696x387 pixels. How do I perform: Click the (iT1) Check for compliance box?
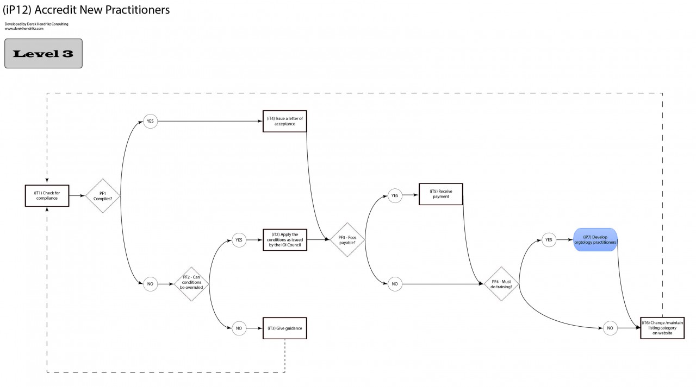click(47, 195)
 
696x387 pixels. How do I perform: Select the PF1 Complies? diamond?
click(103, 195)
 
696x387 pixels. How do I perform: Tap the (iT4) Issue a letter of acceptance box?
click(284, 121)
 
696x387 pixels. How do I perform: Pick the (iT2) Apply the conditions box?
click(284, 240)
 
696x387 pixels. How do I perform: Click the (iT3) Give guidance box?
click(284, 328)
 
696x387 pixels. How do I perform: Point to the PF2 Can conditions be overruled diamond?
click(191, 284)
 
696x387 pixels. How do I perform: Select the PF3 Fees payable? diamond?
click(347, 240)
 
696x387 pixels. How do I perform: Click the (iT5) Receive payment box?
click(440, 194)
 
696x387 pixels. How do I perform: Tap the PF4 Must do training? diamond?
click(501, 284)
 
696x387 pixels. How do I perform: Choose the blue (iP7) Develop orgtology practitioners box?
click(595, 240)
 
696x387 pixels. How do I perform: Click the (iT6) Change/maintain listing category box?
click(662, 328)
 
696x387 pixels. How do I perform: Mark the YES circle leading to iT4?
click(150, 121)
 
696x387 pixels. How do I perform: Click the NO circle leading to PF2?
click(150, 284)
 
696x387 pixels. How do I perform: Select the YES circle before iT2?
click(239, 240)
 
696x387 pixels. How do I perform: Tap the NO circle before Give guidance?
click(239, 328)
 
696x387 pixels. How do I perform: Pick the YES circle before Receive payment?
click(395, 195)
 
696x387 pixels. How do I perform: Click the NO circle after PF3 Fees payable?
click(395, 284)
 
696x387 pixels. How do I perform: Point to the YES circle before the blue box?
click(549, 240)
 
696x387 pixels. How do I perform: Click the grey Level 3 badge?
click(43, 53)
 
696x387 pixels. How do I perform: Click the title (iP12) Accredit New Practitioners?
click(86, 10)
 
